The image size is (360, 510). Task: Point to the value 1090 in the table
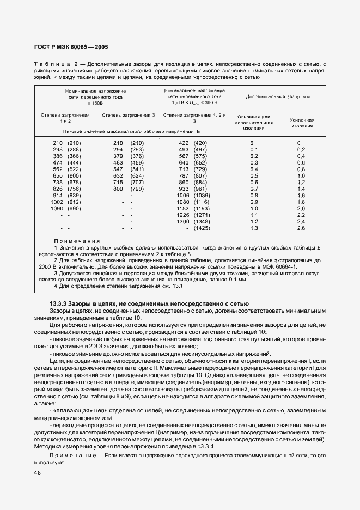tap(56, 209)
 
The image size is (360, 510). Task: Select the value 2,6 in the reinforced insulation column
tap(301, 228)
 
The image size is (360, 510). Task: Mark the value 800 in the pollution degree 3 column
tap(118, 189)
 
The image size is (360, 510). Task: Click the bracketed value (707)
tap(137, 183)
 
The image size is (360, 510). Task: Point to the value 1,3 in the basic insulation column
tap(254, 228)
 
